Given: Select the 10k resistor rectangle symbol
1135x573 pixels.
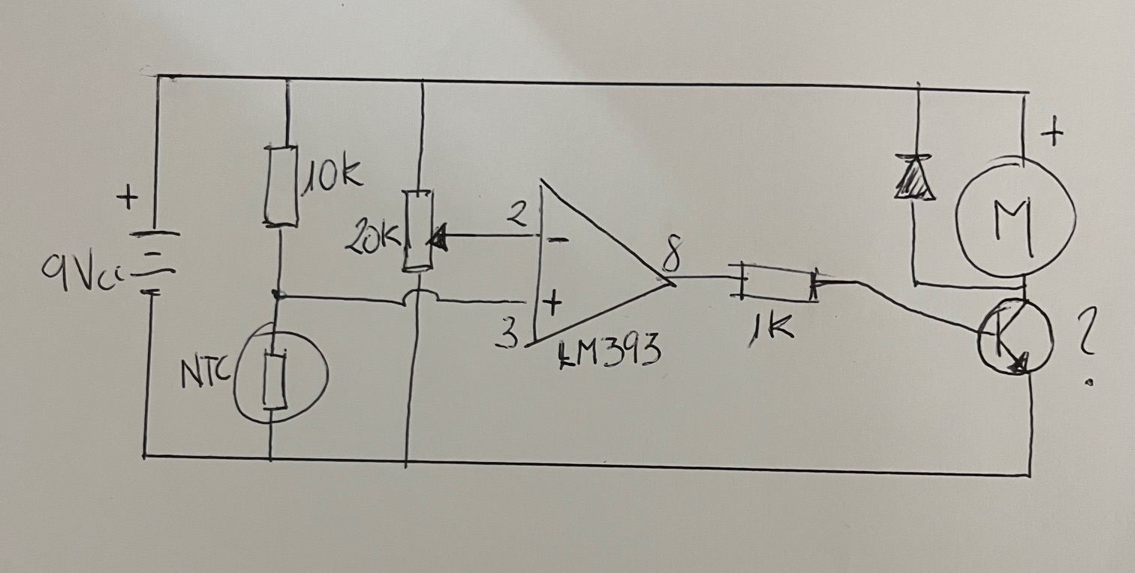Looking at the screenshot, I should coord(280,186).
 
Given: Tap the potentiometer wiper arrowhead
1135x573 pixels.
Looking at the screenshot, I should coord(438,240).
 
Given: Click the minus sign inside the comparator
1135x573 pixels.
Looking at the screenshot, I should coord(555,240).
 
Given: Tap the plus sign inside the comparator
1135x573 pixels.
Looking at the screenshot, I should coord(552,304).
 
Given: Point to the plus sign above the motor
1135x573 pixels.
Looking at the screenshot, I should coord(1053,134).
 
